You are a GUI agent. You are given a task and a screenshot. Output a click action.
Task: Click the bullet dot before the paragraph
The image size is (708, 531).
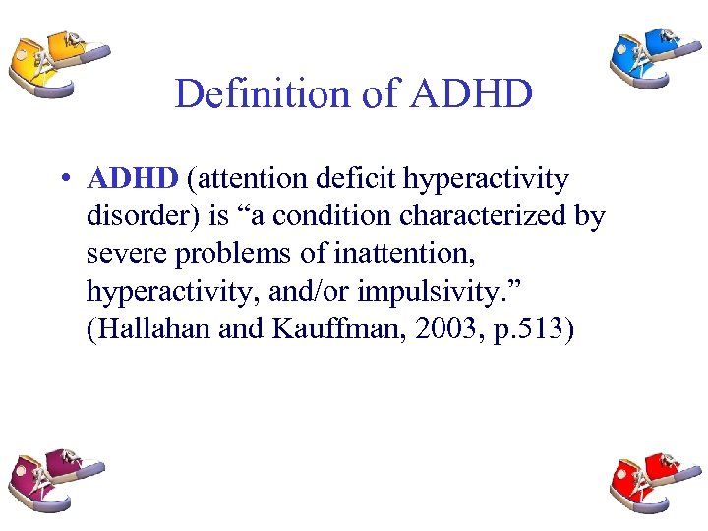[62, 180]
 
